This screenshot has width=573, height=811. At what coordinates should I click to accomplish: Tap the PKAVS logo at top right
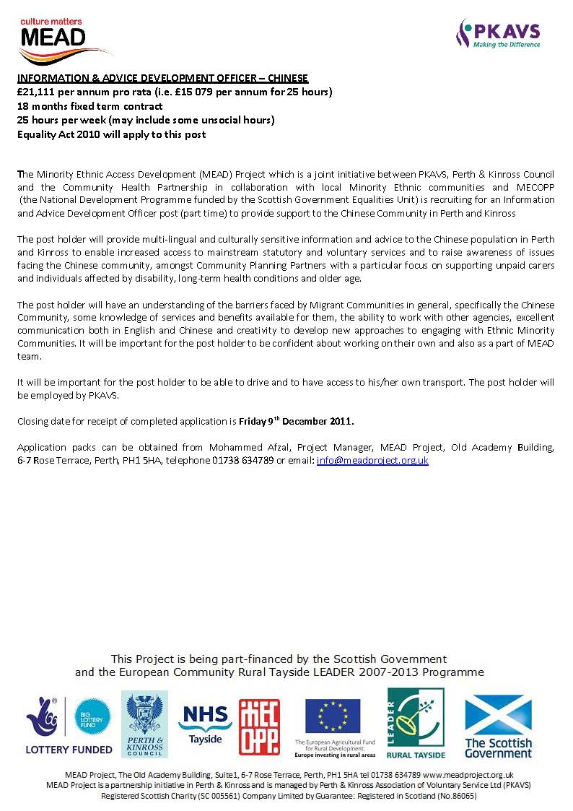click(497, 33)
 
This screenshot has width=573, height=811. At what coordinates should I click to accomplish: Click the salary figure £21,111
click(39, 92)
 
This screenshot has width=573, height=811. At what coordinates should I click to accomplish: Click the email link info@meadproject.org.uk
click(372, 460)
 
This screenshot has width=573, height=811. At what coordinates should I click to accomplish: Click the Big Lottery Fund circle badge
click(92, 717)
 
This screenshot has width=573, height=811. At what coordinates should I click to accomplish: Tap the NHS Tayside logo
click(206, 723)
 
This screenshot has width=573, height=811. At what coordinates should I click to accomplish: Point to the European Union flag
click(331, 716)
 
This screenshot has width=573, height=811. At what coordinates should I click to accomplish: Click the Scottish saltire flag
click(497, 714)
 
